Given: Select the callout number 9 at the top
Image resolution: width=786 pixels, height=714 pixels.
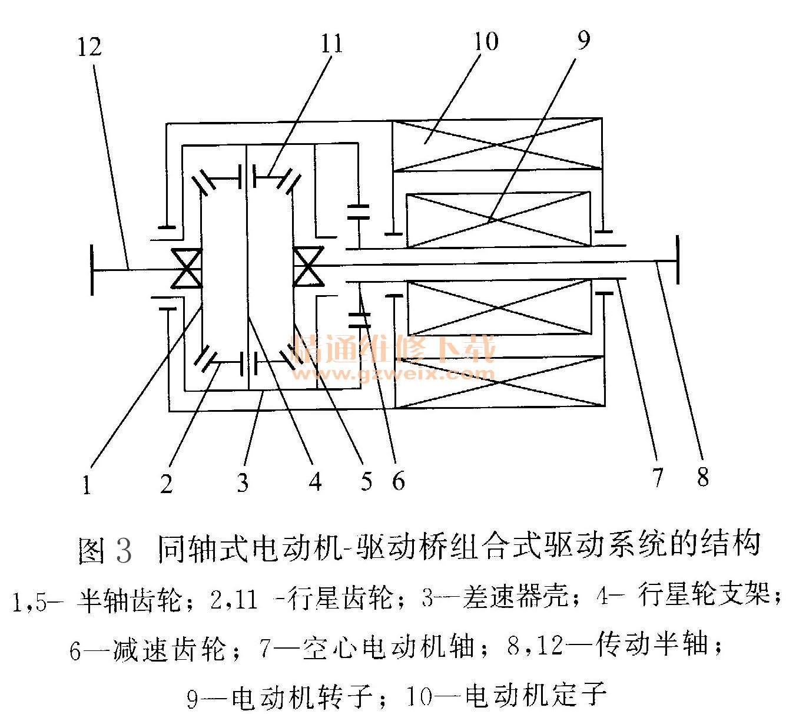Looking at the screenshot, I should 582,40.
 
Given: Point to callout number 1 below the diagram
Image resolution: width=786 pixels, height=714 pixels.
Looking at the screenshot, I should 87,485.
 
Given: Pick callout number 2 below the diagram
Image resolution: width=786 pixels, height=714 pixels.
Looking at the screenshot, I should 167,483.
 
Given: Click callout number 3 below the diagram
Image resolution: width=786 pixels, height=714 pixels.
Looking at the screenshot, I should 243,482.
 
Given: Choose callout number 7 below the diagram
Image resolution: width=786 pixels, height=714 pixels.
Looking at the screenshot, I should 657,476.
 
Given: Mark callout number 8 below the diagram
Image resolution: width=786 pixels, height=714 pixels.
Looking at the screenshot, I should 703,476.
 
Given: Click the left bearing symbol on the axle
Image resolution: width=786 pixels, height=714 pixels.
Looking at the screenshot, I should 186,268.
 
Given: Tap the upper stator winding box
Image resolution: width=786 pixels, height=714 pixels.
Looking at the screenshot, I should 498,145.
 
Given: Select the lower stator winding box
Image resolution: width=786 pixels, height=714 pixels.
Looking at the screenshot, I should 499,382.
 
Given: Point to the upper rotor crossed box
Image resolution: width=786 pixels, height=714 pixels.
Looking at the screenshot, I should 498,219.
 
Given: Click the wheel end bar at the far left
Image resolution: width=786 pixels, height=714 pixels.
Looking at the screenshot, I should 92,270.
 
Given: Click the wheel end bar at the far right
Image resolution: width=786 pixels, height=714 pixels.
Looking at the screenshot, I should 679,260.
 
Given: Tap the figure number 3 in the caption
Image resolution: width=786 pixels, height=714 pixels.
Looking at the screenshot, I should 124,549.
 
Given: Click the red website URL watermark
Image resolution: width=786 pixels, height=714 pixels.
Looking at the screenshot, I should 393,373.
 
